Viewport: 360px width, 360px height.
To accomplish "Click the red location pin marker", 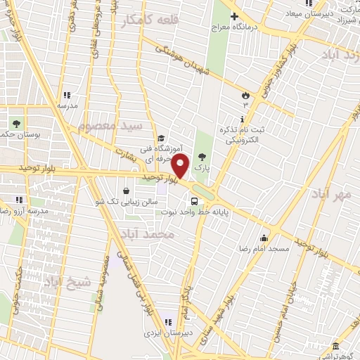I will tap(181, 167).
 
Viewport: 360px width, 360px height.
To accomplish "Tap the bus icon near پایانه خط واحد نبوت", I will tap(204, 202).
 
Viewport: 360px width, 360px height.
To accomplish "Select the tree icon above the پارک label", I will tap(203, 157).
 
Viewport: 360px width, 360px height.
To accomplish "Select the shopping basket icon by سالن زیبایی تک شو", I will tap(126, 190).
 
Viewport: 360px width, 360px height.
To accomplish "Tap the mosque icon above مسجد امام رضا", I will tap(264, 238).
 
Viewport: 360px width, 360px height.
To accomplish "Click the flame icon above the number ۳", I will tap(245, 94).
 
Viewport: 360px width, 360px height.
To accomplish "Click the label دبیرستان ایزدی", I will tap(163, 328).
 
